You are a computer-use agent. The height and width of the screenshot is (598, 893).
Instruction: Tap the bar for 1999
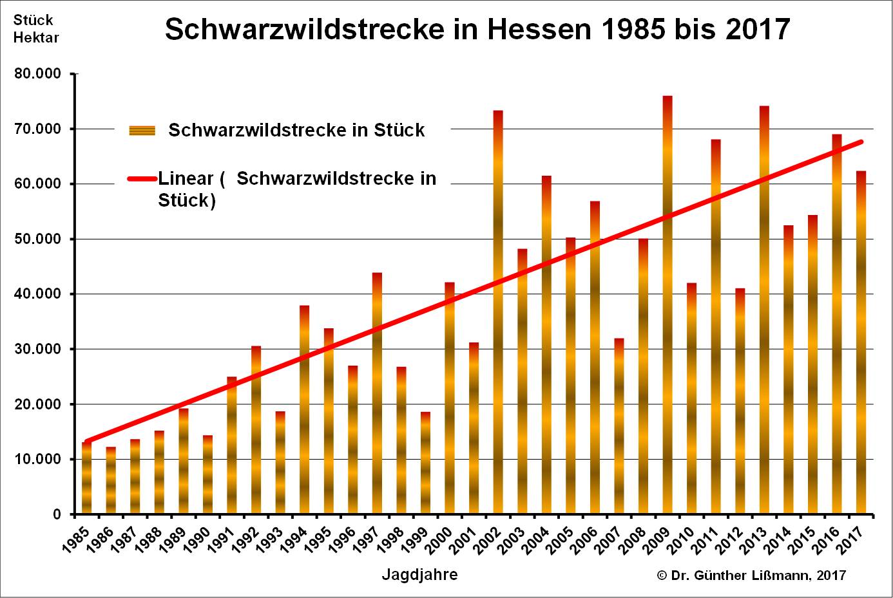click(425, 463)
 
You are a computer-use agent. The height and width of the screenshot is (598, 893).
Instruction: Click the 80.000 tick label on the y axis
click(37, 74)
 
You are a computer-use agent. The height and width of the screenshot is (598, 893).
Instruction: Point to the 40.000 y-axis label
click(37, 294)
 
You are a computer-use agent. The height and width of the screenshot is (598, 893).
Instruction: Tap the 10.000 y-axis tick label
click(37, 460)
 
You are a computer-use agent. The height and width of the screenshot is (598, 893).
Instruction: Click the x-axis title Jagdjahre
click(419, 574)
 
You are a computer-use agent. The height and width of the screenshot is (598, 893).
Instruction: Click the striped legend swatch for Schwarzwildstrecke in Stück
click(142, 130)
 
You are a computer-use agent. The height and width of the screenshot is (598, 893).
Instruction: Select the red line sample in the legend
click(142, 178)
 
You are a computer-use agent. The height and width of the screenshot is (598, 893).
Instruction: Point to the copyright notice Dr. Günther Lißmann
click(751, 575)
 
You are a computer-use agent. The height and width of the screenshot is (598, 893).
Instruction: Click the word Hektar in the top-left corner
click(36, 37)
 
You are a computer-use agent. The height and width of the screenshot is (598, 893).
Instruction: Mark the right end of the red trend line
click(861, 142)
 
